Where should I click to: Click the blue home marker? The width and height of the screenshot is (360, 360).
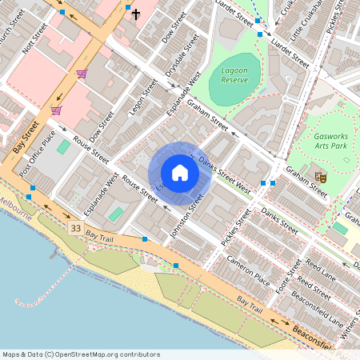pos(179,173)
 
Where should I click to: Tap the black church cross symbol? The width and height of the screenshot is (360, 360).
pos(136,14)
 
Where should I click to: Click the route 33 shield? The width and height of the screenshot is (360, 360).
pos(75,229)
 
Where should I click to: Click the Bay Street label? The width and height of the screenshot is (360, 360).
pos(26,137)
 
